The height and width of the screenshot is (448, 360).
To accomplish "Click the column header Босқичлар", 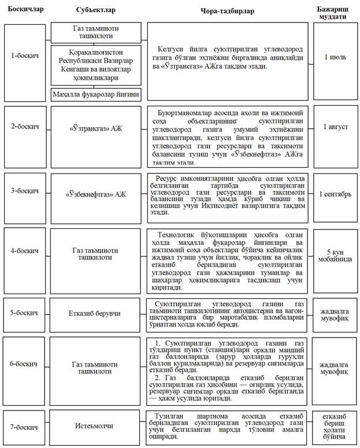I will [x=25, y=10].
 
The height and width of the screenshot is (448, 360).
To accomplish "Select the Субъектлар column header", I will [x=96, y=10].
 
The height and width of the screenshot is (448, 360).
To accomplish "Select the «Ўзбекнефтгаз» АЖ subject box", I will [x=96, y=194].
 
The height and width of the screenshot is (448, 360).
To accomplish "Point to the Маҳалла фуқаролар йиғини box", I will [x=96, y=94].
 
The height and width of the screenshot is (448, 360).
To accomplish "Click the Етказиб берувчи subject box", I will [x=96, y=313].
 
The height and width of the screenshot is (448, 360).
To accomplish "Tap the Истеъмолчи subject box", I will [x=96, y=427].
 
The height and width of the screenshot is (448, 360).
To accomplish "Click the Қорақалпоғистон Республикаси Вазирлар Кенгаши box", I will [x=96, y=64].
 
